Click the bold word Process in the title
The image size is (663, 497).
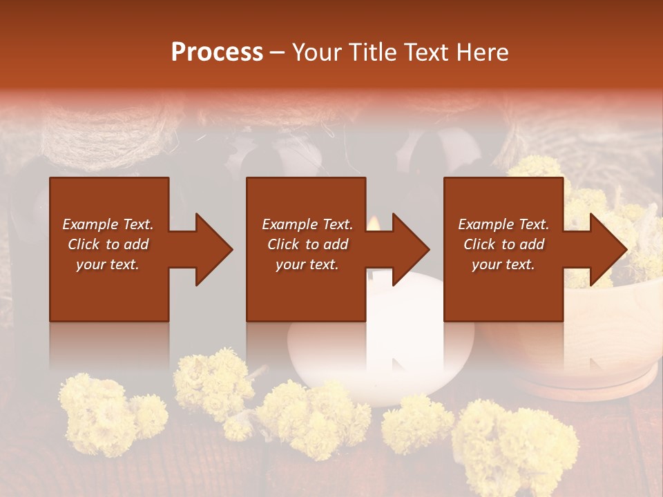pos(217,52)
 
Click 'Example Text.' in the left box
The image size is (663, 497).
pos(108,224)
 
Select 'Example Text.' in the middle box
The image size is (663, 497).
pos(307,224)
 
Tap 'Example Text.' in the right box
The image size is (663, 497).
pos(503,224)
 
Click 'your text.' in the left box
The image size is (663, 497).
pos(108,264)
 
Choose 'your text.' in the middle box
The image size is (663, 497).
pos(307,264)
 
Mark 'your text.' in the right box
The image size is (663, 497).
pos(503,264)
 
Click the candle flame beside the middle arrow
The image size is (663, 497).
pos(374,223)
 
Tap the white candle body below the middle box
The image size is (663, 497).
pos(380,345)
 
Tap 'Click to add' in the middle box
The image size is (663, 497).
pos(307,244)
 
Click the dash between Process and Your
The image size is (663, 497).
pos(278,53)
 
